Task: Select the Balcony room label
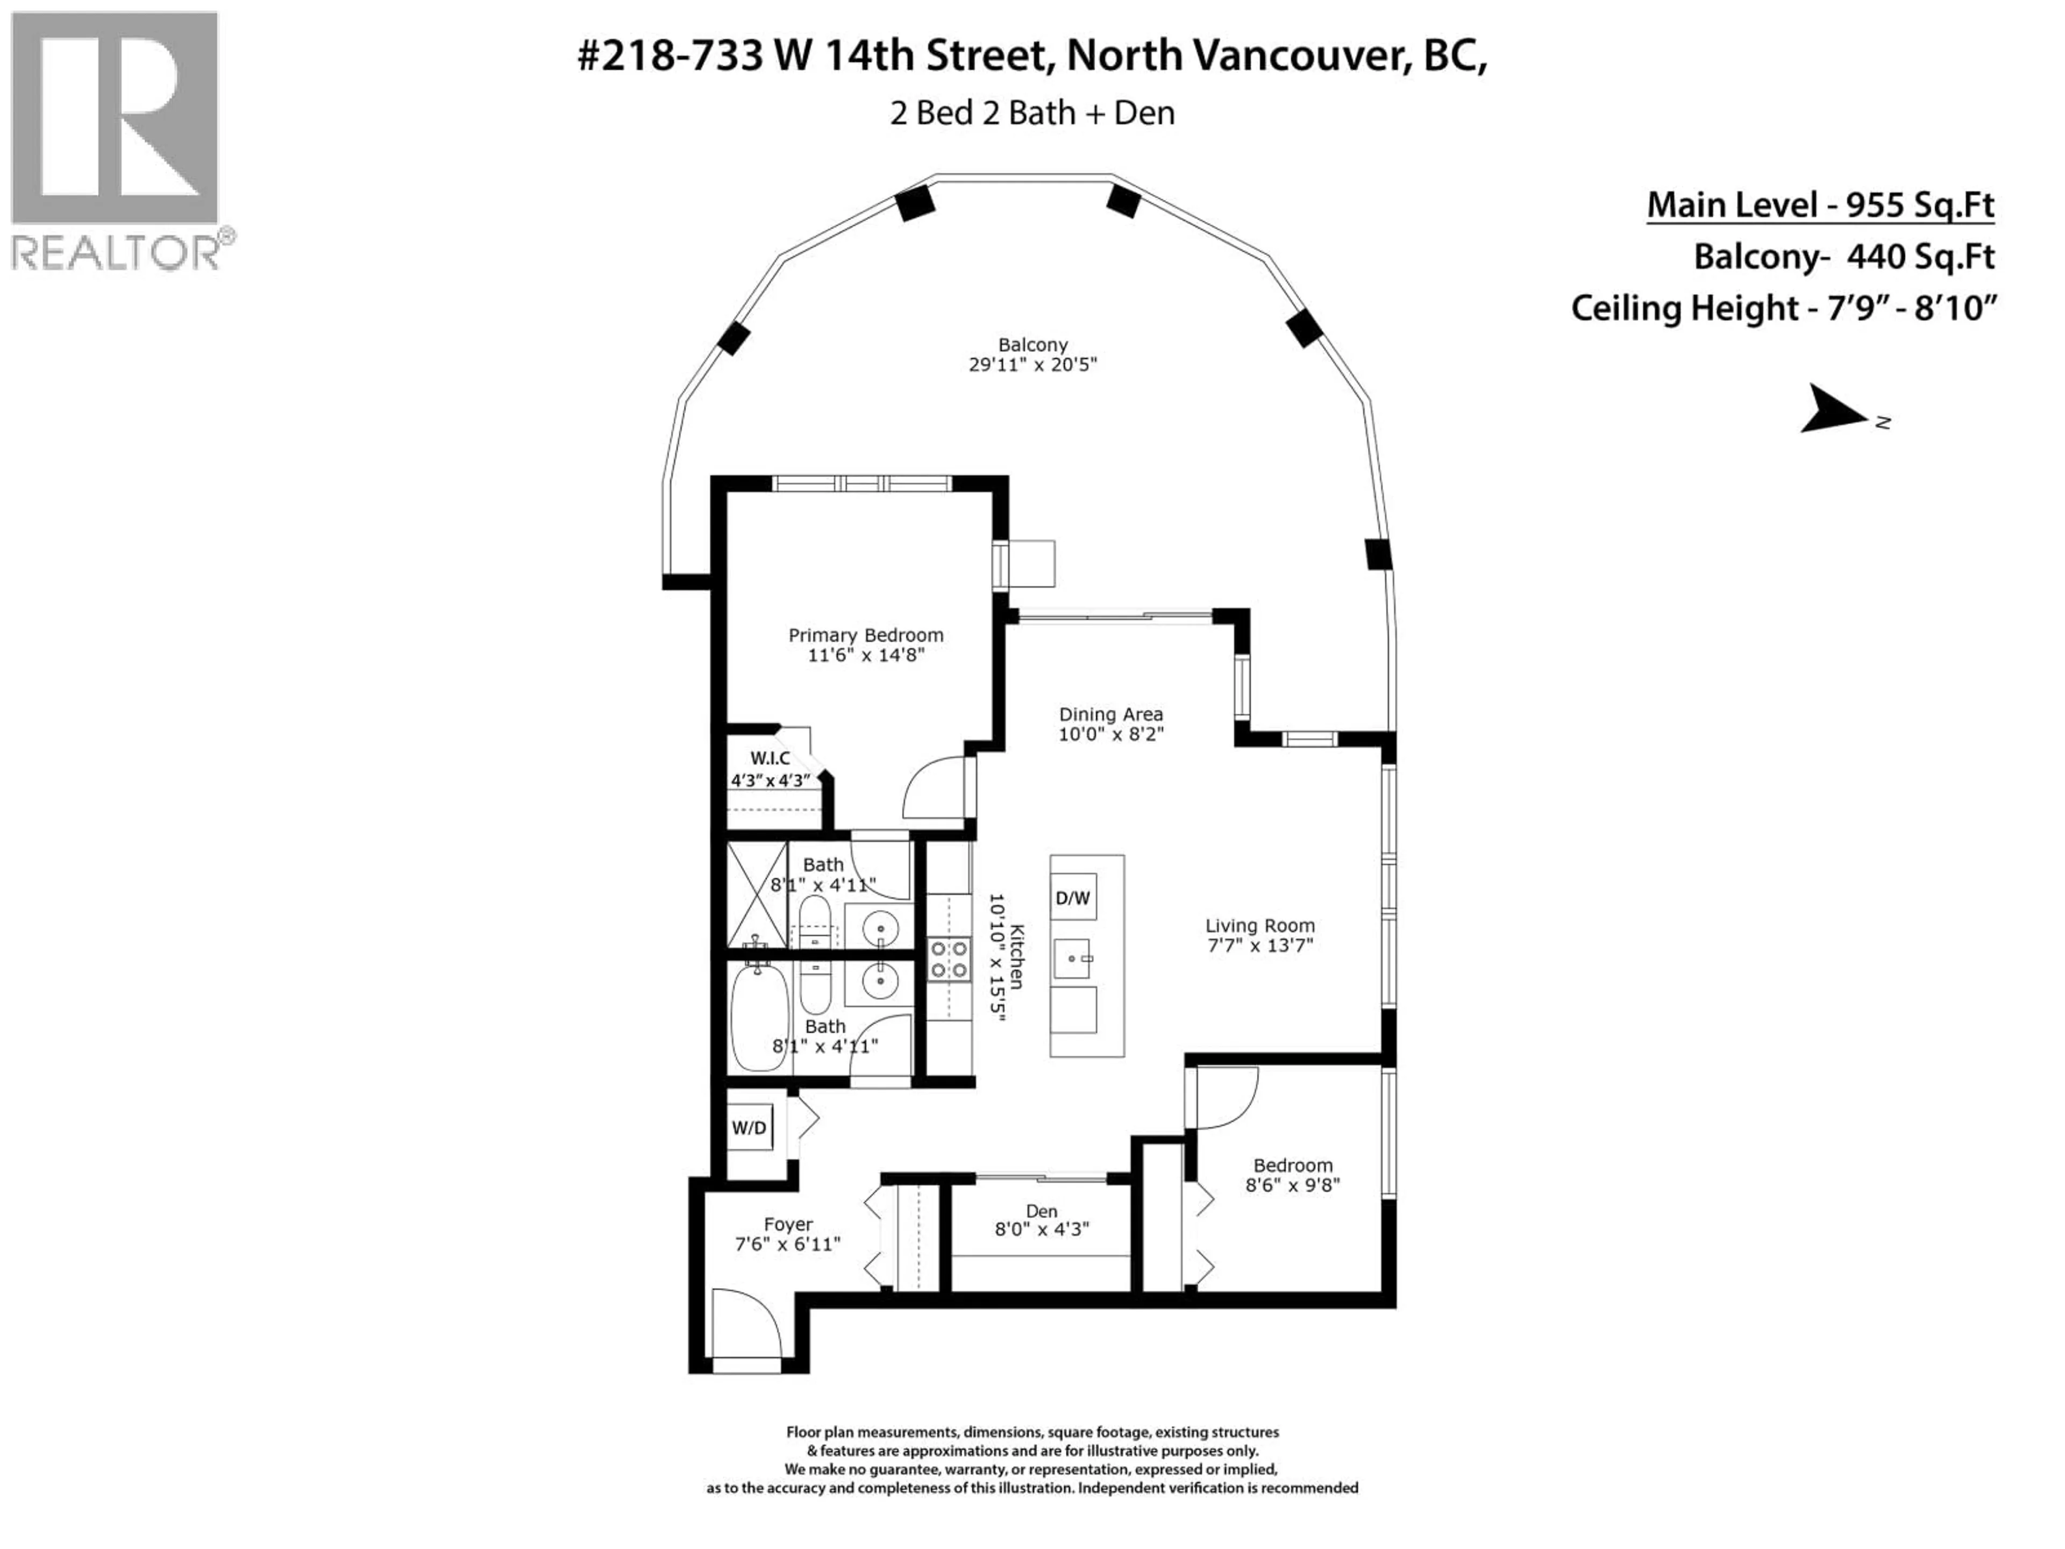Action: [x=1031, y=345]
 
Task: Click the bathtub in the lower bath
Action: [x=758, y=1018]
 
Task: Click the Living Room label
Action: [x=1259, y=925]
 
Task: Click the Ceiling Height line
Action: [x=1783, y=308]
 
